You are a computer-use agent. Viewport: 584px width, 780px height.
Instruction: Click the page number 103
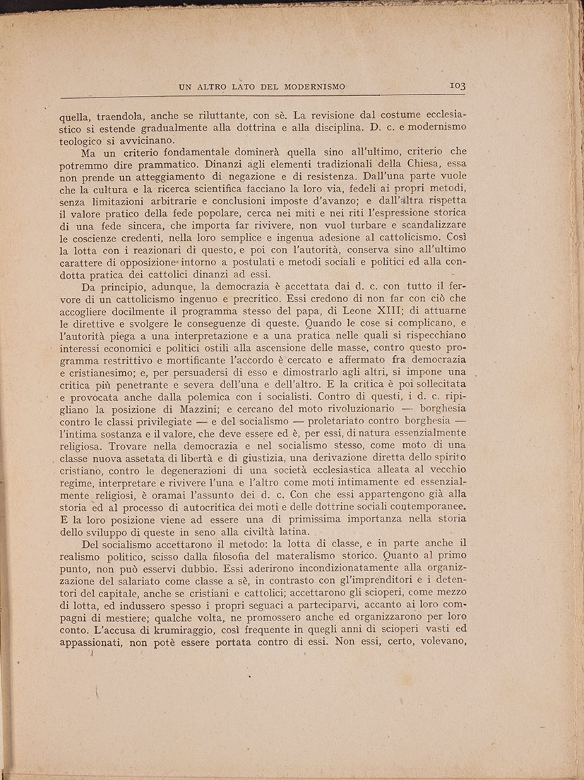[456, 85]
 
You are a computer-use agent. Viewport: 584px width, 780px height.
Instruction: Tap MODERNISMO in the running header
[314, 87]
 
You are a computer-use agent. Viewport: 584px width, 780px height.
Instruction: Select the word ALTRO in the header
[215, 87]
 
